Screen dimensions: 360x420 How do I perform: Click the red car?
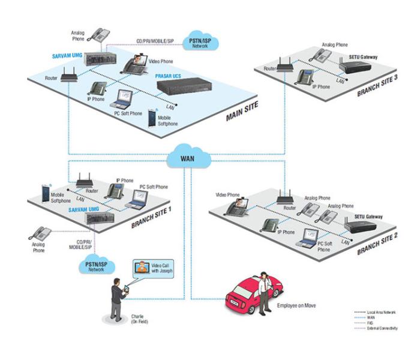(x=246, y=295)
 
